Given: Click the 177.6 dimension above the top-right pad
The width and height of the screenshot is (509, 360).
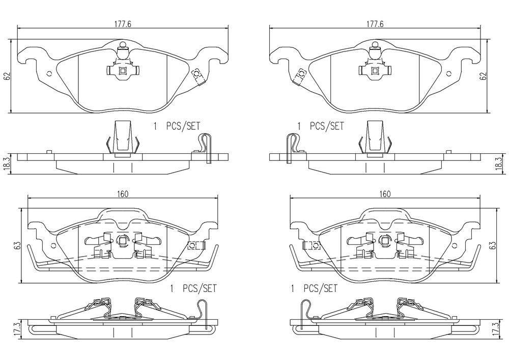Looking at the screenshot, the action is coord(375,24).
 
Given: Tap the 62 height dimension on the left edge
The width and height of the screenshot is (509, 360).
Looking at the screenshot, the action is coord(8,76).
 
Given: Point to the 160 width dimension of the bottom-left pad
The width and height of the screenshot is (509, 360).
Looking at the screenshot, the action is coord(122,194).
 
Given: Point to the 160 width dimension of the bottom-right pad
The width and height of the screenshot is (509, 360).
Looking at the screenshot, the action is coord(385,194).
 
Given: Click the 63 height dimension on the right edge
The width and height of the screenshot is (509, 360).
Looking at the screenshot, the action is coord(492,245).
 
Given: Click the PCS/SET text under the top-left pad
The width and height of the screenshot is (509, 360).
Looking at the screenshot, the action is coord(183,126).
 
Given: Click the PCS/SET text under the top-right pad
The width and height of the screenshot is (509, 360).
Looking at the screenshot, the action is coord(327,126).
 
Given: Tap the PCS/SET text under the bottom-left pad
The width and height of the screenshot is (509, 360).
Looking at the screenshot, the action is coord(200,288).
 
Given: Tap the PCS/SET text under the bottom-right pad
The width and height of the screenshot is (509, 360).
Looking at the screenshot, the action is coord(320,288).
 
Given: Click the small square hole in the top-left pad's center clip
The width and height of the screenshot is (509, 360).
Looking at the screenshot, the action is coord(123,70).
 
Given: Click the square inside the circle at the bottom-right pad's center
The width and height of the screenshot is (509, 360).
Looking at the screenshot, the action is coord(385,240).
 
